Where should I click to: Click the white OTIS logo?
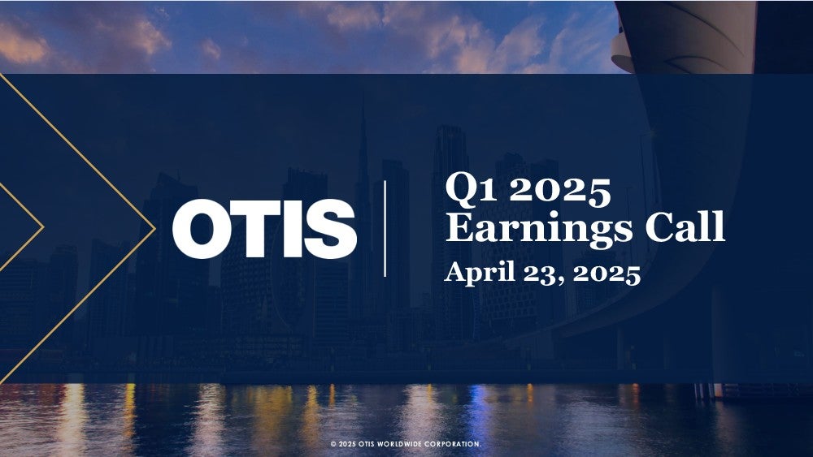pos(264,229)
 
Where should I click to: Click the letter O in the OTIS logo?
pos(201,229)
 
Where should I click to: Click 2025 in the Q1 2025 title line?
pos(560,191)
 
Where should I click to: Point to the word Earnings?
pos(539,229)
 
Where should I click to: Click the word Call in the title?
pos(685,226)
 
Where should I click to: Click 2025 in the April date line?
pos(606,274)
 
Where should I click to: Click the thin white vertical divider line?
pos(385,229)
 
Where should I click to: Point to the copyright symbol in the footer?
pos(333,444)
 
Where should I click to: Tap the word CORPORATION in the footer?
pos(453,444)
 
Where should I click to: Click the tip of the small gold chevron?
pos(43,226)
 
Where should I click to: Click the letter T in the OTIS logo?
pos(253,229)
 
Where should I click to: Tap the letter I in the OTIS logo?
pos(291,229)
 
